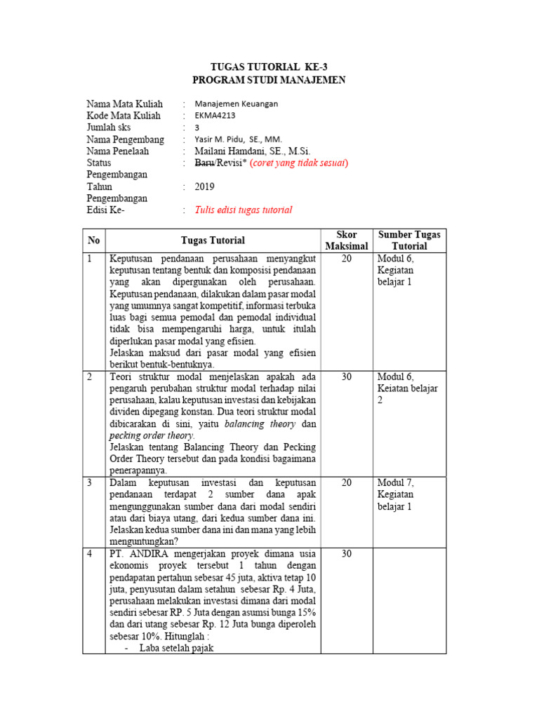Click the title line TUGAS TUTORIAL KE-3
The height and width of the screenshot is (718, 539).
click(269, 67)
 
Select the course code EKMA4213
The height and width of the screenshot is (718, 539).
click(218, 116)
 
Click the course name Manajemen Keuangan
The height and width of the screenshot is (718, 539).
click(237, 104)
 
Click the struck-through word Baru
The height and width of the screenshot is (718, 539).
click(206, 163)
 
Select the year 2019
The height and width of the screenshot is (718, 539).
click(205, 187)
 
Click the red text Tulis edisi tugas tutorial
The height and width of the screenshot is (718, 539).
click(244, 210)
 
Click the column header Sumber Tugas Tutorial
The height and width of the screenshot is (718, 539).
click(409, 241)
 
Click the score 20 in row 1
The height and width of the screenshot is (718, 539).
click(347, 259)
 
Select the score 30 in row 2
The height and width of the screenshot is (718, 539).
click(347, 377)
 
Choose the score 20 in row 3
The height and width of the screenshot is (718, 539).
click(347, 483)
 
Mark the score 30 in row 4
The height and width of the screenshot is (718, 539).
click(347, 554)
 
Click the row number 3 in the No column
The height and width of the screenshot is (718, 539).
click(90, 483)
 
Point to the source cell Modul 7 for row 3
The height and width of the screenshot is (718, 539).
click(396, 483)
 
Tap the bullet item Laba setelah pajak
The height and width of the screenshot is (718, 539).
click(176, 648)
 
